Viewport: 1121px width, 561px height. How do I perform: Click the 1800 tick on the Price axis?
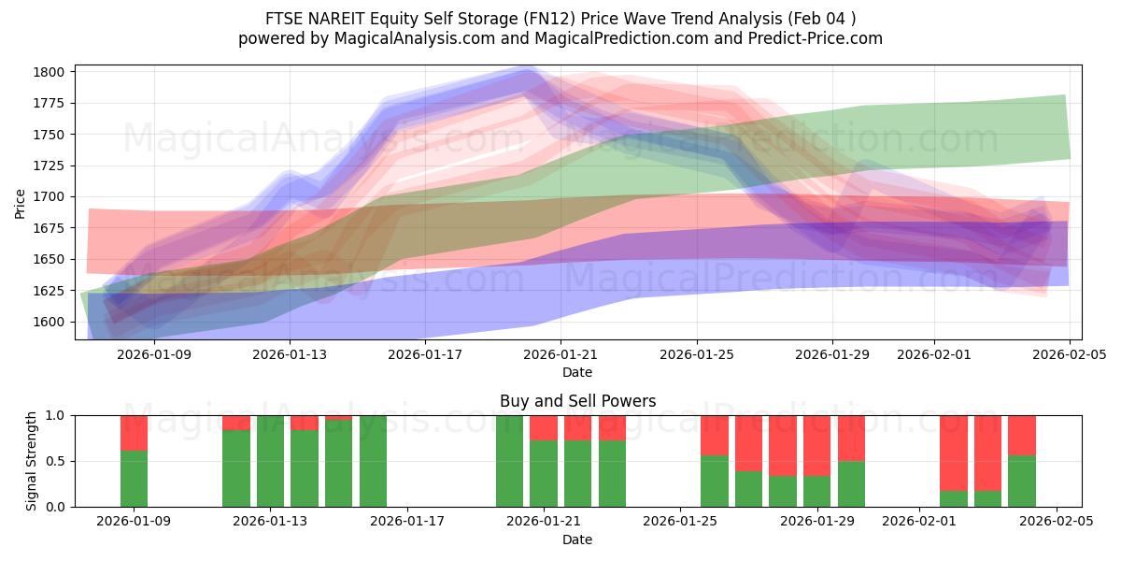pos(49,72)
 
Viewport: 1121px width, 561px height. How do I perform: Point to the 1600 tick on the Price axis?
pos(49,322)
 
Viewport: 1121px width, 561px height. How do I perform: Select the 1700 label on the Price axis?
pos(49,196)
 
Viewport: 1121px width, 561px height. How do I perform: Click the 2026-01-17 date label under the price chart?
pos(425,354)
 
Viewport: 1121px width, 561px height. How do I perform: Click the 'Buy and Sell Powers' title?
pos(577,401)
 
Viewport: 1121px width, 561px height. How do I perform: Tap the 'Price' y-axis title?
pos(21,202)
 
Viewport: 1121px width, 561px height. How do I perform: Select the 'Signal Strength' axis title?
pos(32,461)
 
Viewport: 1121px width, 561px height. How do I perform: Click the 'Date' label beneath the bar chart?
pos(577,539)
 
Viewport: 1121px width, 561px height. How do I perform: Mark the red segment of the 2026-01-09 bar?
pos(135,433)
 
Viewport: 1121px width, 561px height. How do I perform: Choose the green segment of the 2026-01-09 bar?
pos(135,479)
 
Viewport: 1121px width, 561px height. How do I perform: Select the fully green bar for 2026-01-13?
pos(270,461)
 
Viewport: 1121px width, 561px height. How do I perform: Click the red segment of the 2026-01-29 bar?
pos(816,445)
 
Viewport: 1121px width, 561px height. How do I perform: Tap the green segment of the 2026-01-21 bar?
pos(544,473)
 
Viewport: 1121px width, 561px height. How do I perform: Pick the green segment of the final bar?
pos(1021,481)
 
